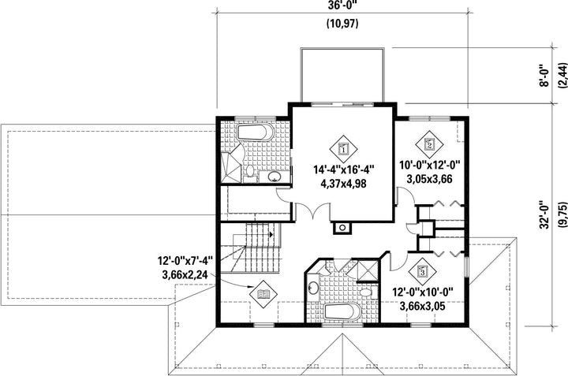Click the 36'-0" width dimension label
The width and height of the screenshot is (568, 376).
coord(342,6)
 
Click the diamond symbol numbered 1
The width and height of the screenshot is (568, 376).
coord(343,149)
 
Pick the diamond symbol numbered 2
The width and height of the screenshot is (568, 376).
coord(429,145)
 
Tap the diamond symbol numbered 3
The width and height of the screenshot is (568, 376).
coord(422,270)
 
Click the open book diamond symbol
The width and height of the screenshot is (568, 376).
coord(263,294)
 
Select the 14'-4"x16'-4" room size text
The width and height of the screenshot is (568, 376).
coord(343,169)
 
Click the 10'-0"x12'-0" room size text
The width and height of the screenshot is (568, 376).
coord(429,166)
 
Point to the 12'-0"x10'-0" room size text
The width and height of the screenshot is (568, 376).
coord(423,292)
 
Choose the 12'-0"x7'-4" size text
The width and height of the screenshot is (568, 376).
coord(185,261)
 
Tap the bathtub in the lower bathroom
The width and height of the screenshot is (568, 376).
coord(342,312)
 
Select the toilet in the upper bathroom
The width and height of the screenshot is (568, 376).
coord(248,172)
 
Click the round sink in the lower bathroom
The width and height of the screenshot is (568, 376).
coord(312,288)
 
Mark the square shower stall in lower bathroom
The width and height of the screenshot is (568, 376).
coord(365,270)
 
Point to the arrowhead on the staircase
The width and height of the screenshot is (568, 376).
coord(271,234)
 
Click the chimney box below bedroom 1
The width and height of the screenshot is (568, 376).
coord(342,228)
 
